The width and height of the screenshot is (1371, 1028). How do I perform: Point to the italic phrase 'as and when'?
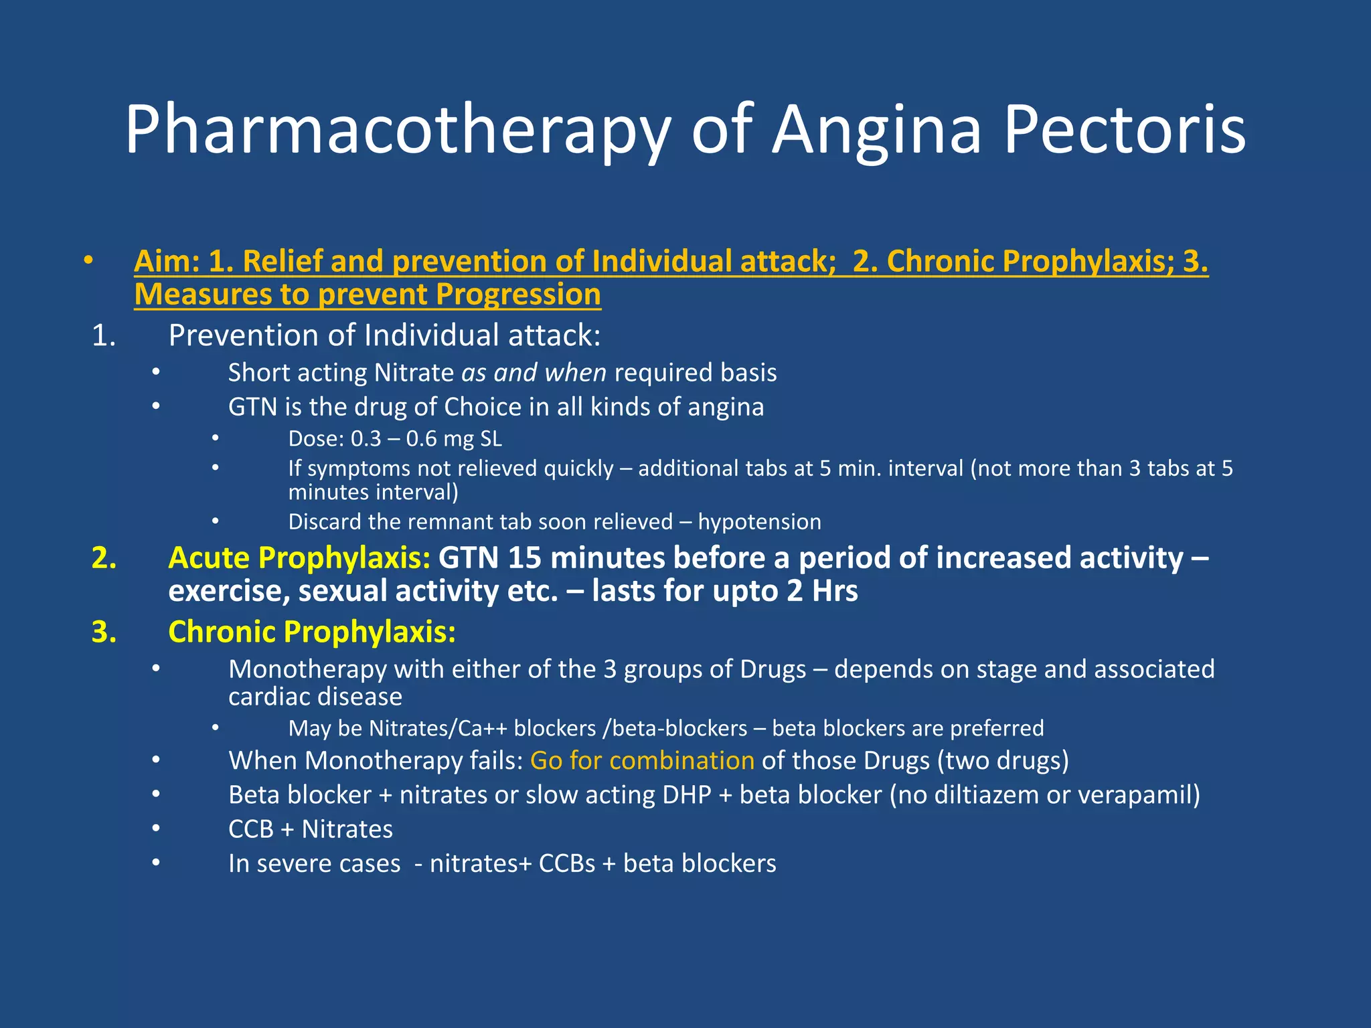[534, 373]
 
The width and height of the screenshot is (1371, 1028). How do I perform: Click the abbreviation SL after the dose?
[491, 439]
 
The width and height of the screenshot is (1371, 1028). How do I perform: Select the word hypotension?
[759, 522]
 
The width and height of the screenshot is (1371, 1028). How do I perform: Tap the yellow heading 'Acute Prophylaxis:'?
[299, 558]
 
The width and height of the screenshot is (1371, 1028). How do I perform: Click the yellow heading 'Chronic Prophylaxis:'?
[312, 632]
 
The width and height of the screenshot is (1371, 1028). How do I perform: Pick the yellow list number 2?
[104, 558]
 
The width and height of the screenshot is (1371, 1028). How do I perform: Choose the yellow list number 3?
[104, 632]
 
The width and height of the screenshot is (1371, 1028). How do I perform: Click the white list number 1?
[104, 335]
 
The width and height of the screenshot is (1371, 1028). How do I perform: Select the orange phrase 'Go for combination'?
[642, 761]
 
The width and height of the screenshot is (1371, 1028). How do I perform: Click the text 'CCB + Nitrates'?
[311, 829]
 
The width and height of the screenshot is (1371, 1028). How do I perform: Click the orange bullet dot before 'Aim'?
[88, 260]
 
